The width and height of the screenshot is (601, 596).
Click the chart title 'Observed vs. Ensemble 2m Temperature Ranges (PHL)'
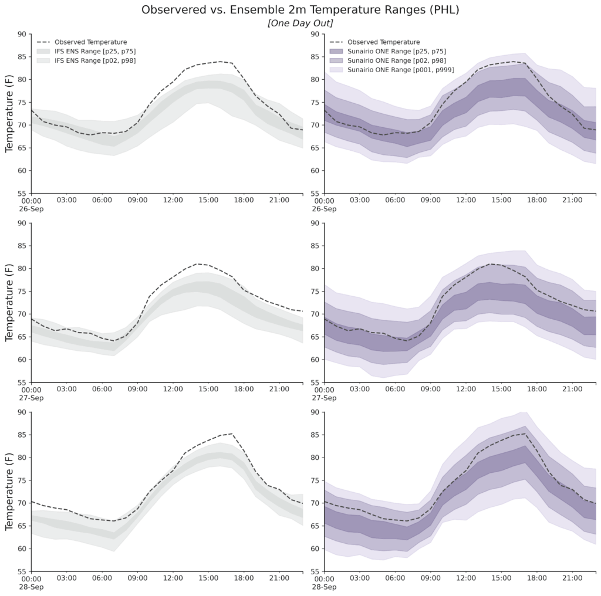[300, 10]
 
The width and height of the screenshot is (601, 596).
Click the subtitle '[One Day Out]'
[300, 22]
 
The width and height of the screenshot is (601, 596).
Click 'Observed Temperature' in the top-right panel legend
[383, 42]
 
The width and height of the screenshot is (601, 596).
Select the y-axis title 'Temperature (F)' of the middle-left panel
[10, 303]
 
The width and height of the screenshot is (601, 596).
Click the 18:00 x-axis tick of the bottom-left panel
[244, 578]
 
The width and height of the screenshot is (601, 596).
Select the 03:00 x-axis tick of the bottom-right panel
[359, 578]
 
